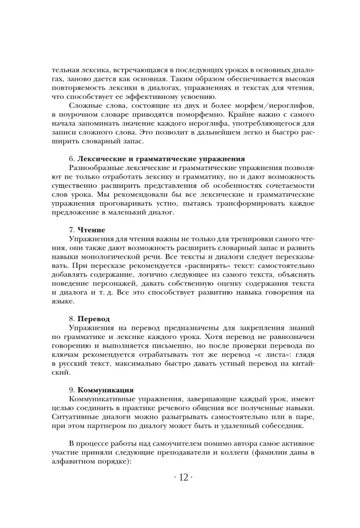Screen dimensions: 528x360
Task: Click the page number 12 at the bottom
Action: click(x=179, y=477)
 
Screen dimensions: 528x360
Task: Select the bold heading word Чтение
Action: click(x=91, y=230)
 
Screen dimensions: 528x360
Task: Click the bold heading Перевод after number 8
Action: click(x=94, y=319)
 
